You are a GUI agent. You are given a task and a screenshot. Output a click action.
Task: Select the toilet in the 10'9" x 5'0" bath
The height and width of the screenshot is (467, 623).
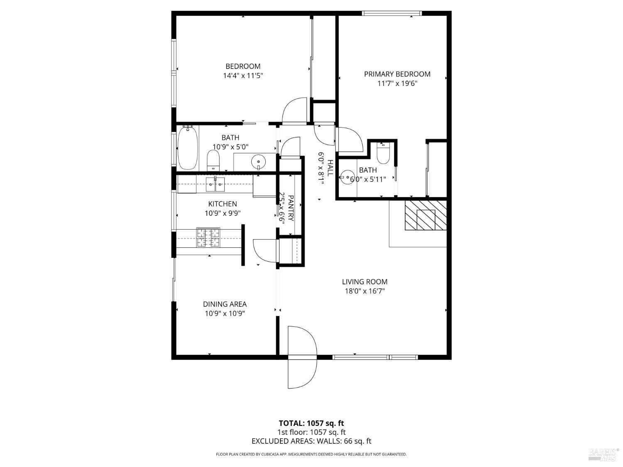213,160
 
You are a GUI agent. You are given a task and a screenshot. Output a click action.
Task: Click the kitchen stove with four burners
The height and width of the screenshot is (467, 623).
208,237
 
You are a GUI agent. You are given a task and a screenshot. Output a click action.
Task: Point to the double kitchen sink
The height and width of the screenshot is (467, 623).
215,184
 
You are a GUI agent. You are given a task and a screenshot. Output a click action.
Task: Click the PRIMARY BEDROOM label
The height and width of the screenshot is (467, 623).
397,74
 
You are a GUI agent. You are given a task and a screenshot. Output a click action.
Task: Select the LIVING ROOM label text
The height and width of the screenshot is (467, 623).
364,281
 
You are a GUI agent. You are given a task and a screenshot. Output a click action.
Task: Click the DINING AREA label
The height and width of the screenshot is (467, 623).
225,304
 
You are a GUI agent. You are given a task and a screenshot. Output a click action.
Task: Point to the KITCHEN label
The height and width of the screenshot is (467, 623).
222,204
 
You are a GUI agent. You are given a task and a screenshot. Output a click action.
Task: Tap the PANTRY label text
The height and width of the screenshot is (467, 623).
291,208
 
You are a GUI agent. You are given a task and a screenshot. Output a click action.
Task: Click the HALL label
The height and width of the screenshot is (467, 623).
330,168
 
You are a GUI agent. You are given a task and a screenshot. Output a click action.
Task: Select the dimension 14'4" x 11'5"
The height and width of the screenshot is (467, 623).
243,76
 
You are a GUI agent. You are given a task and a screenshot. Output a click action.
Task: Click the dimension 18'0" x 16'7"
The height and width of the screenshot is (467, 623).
364,291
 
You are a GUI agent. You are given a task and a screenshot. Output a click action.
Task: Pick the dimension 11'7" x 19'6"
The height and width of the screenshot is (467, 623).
397,83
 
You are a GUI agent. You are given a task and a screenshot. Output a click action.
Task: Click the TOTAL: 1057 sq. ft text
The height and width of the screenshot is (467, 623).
311,423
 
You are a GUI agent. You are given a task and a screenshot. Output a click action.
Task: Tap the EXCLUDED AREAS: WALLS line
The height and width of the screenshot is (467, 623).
311,441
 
